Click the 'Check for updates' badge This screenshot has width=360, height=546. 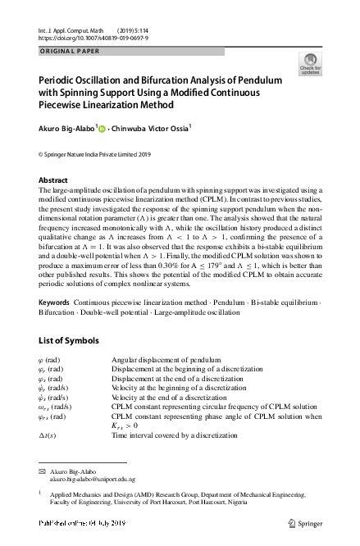(x=310, y=64)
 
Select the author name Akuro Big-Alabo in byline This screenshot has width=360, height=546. (x=66, y=127)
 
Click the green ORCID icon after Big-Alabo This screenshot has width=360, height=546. (x=102, y=127)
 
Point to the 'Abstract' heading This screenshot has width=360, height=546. (x=54, y=180)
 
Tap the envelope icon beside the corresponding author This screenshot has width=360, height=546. (x=43, y=471)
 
